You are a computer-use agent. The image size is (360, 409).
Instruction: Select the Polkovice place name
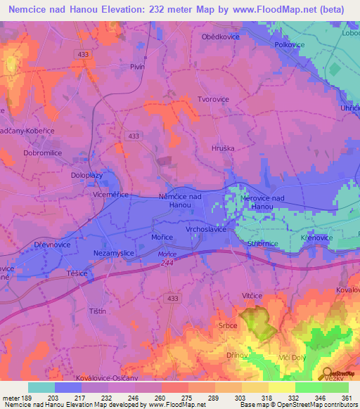(x=288, y=44)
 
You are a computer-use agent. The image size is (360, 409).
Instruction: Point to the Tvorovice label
(x=213, y=99)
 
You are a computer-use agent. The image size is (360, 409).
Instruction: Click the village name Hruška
(x=222, y=149)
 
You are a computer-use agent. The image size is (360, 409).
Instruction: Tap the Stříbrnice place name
(x=264, y=242)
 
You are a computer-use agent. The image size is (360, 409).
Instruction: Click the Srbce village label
(x=247, y=326)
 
